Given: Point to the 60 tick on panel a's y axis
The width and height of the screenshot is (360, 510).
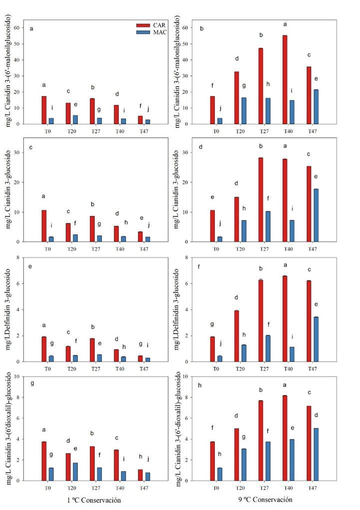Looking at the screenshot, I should click(17, 28).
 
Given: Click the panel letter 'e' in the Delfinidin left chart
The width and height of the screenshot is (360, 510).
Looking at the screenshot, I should click(30, 266).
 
